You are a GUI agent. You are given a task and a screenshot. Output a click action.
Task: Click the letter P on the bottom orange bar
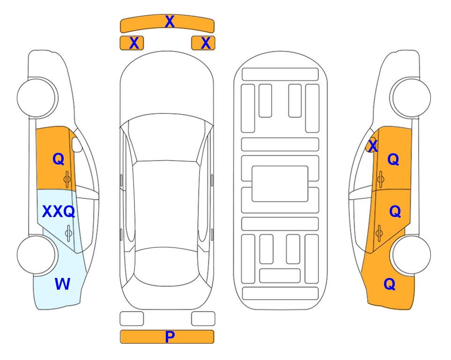point(170,337)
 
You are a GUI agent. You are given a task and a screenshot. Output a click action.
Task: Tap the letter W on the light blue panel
point(62,284)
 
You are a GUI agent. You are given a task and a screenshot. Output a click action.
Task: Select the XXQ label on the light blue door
point(59,211)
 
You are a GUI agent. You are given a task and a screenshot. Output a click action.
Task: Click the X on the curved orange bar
point(170,22)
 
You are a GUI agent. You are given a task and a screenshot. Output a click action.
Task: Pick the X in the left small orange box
point(134,43)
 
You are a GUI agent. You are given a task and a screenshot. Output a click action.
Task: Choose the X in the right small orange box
point(206,43)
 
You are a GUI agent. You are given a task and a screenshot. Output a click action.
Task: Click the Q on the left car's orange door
point(59,159)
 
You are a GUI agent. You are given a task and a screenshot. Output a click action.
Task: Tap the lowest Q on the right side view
point(390,284)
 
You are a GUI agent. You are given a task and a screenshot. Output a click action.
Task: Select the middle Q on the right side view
point(395,211)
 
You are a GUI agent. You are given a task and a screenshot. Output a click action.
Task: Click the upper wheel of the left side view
point(36,97)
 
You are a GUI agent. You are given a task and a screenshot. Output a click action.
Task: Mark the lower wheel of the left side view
point(36,255)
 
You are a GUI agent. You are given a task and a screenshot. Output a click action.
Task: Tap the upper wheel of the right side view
point(411,97)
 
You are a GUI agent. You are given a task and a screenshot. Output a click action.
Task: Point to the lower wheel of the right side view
point(411,255)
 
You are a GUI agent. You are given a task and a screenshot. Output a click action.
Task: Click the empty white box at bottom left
point(132,319)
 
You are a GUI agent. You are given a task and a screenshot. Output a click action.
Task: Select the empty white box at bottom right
point(203,319)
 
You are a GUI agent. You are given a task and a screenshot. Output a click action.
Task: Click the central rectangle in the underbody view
point(280,184)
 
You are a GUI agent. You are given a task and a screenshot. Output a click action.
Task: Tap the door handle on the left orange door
point(67,179)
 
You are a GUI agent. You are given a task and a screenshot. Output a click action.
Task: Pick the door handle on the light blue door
point(68,233)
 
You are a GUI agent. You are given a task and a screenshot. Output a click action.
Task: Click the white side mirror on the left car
point(77,144)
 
